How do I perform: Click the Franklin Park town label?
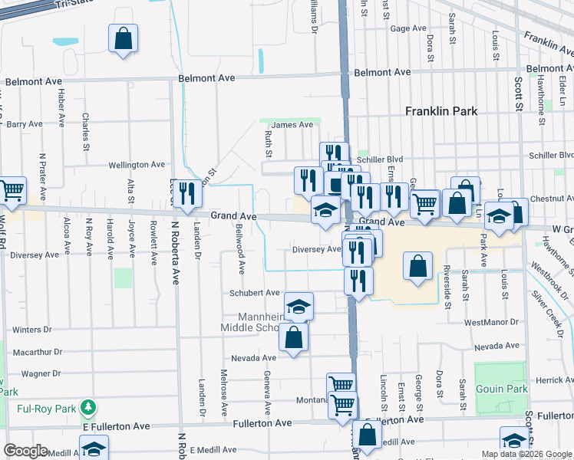point(441,111)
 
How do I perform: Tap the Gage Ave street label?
point(407,28)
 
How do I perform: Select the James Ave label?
point(292,124)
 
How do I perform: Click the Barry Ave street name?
point(25,123)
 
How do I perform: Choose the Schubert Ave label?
point(254,293)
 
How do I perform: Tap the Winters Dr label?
point(31,330)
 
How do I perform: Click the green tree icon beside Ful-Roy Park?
point(90,406)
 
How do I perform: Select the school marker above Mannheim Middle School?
point(299,307)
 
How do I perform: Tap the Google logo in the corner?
point(25,450)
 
